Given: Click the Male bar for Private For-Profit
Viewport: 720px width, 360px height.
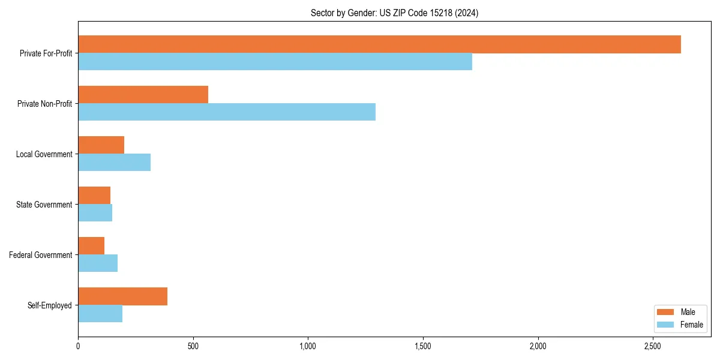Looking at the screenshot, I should pyautogui.click(x=379, y=44).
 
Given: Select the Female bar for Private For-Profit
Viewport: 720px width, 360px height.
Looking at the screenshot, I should pyautogui.click(x=275, y=62).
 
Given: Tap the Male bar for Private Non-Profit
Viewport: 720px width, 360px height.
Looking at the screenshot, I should pyautogui.click(x=143, y=95).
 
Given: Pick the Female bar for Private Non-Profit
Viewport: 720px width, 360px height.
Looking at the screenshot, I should pyautogui.click(x=227, y=112).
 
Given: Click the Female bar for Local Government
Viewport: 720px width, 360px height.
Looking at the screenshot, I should pyautogui.click(x=114, y=163).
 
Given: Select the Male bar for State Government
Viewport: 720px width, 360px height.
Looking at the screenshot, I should pyautogui.click(x=94, y=196).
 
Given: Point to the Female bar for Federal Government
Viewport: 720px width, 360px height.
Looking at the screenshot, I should pyautogui.click(x=98, y=263).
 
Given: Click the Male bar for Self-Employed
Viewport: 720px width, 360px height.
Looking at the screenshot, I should pyautogui.click(x=122, y=296).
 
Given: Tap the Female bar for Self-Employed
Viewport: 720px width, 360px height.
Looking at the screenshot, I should pyautogui.click(x=100, y=314).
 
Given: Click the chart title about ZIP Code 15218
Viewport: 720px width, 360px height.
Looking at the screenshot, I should pyautogui.click(x=394, y=13).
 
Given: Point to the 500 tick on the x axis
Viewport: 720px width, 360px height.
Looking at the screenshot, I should pyautogui.click(x=193, y=346).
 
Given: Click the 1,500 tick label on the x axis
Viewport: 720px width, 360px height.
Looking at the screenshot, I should pyautogui.click(x=423, y=346).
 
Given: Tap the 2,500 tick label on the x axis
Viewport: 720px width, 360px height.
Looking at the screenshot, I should pyautogui.click(x=653, y=346).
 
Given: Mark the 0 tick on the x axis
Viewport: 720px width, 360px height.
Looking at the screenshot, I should pyautogui.click(x=78, y=346).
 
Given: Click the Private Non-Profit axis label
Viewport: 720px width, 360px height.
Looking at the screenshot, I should pyautogui.click(x=44, y=104).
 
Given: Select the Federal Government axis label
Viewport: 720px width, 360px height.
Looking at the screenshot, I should pyautogui.click(x=41, y=255).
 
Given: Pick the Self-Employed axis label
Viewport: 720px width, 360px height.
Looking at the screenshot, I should pyautogui.click(x=50, y=305).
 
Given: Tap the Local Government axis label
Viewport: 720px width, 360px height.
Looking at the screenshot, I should pyautogui.click(x=44, y=154).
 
